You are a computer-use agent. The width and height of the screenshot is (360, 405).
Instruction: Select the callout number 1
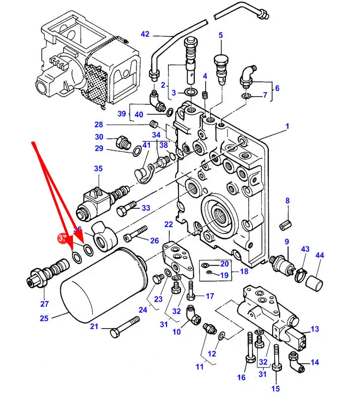pos(287,127)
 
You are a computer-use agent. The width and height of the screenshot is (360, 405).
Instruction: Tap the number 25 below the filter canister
pos(44,318)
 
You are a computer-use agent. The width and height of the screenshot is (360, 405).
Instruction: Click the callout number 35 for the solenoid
pos(98,169)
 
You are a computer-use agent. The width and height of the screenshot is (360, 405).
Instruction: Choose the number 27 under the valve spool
pos(44,304)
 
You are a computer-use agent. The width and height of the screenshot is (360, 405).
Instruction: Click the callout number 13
pos(315,330)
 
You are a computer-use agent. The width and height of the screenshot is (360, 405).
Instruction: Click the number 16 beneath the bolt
pos(241,377)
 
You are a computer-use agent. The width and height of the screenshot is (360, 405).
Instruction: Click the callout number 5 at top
pos(220,35)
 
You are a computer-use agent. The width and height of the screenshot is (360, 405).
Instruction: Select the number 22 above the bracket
pos(169,224)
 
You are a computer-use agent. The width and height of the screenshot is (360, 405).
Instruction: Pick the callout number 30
pos(99,137)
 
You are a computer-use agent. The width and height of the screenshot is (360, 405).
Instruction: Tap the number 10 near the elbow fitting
pos(177,332)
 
